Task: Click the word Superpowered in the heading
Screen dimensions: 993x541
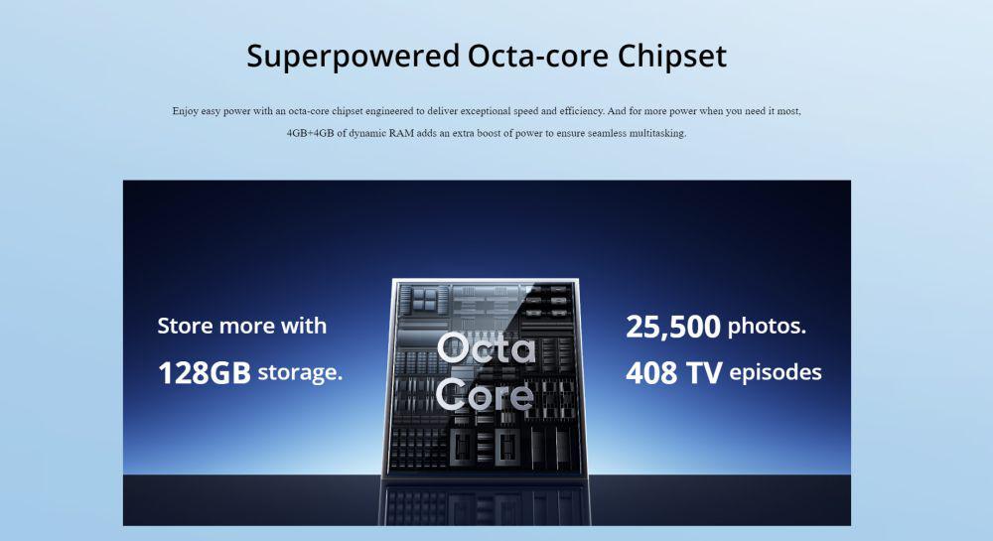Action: point(353,57)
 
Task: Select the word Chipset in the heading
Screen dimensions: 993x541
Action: point(672,57)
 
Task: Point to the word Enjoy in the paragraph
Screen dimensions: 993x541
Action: point(186,111)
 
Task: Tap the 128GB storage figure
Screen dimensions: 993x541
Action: point(204,372)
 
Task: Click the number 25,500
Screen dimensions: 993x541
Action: point(673,327)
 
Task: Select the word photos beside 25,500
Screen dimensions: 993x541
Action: point(767,327)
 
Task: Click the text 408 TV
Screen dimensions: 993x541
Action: point(674,372)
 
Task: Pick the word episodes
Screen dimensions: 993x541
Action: point(776,372)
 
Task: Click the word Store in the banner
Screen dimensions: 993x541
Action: point(185,326)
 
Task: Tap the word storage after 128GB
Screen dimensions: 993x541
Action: point(300,372)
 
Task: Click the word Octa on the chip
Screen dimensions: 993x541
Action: point(486,348)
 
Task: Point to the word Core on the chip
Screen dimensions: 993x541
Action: point(486,395)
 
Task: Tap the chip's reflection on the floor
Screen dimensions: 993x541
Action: point(485,502)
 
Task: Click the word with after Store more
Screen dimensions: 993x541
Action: point(304,326)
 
